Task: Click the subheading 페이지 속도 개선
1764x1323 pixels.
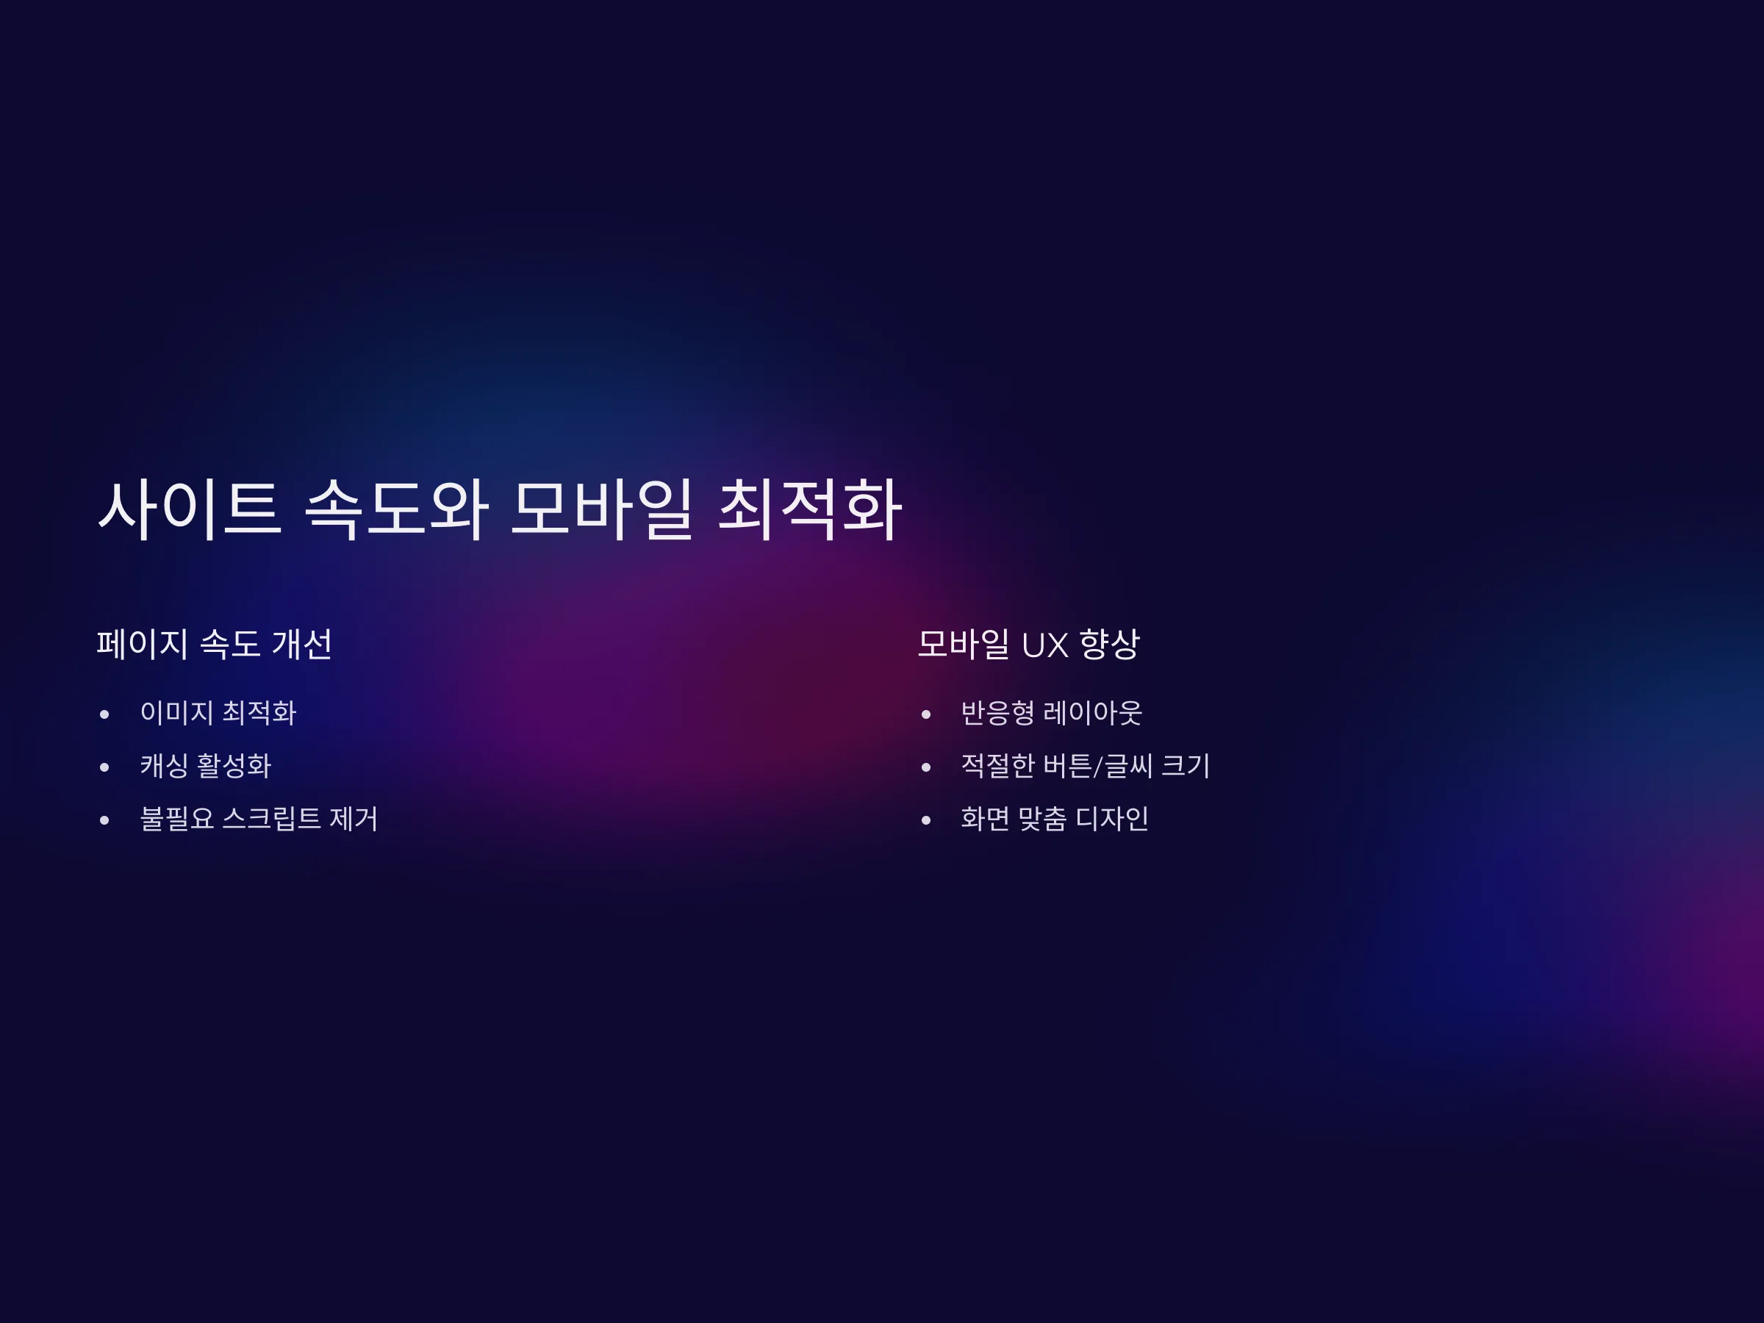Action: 215,644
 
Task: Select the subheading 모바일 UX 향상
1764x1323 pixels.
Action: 1029,644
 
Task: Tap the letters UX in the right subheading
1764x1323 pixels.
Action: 1044,645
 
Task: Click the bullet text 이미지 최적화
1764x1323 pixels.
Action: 218,712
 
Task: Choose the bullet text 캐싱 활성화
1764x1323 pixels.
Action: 206,766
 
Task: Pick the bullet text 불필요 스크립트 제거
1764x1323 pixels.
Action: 259,818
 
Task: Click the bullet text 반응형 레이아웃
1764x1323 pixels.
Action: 1051,712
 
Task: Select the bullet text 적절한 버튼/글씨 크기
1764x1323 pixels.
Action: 1086,766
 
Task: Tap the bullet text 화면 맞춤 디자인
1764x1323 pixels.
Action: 1054,818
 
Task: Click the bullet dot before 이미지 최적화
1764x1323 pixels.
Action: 104,714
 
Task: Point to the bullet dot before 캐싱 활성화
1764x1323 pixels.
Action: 104,767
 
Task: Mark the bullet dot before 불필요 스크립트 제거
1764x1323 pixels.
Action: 104,820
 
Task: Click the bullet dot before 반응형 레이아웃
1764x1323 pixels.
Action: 926,714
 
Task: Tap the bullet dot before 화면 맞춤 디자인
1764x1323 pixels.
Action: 926,820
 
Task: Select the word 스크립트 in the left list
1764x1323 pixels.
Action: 271,818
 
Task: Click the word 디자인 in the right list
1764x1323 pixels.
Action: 1111,818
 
